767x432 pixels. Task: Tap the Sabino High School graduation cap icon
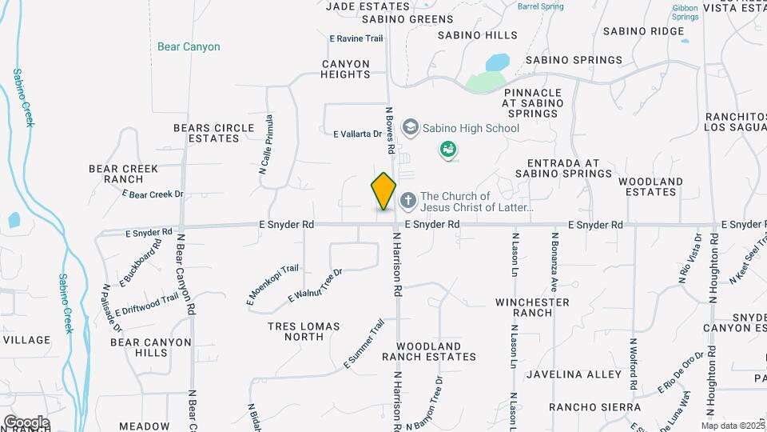point(410,127)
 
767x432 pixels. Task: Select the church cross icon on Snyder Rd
point(407,199)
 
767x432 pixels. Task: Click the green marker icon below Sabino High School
point(449,150)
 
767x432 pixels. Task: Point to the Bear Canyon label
point(189,47)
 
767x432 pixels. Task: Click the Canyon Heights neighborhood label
point(346,69)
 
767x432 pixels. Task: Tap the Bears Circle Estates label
point(207,133)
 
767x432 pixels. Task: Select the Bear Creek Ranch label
point(123,174)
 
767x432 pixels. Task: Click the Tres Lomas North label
point(304,331)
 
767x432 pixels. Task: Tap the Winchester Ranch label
point(533,307)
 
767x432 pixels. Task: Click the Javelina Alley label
point(574,374)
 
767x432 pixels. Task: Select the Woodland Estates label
point(652,186)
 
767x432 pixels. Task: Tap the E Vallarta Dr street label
point(357,134)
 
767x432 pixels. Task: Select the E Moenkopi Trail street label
point(272,285)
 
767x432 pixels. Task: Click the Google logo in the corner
point(26,422)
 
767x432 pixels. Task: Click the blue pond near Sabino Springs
point(497,62)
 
